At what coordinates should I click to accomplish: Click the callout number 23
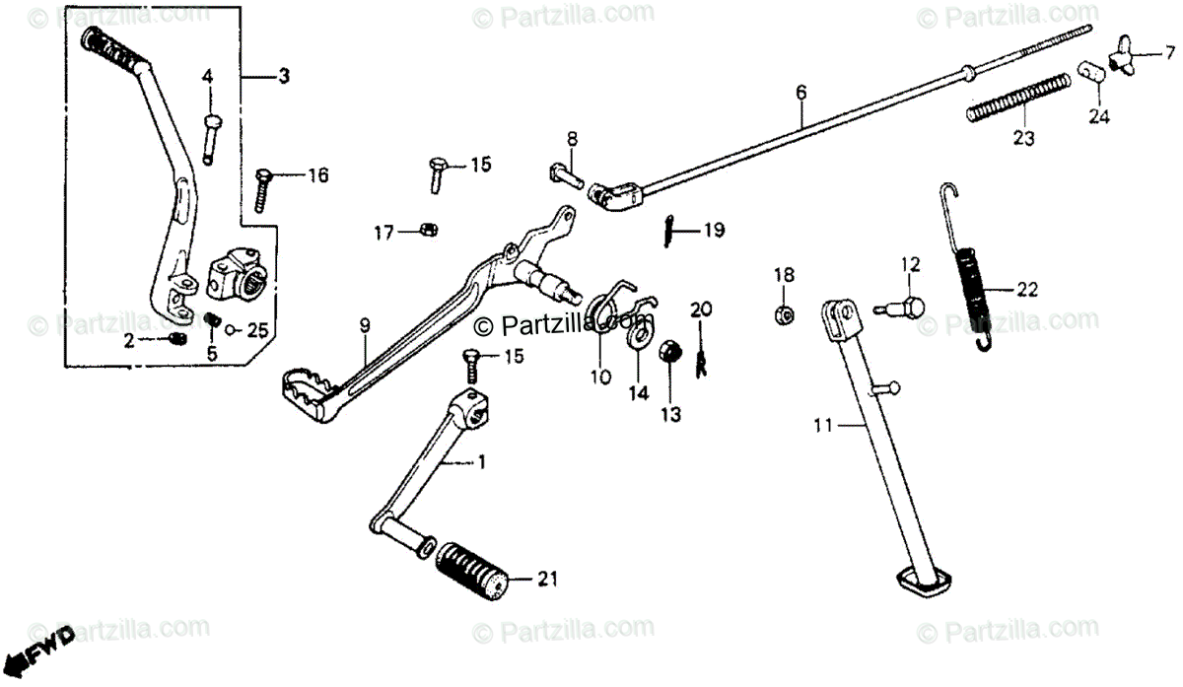[1023, 139]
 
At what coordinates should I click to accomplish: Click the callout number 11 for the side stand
[823, 426]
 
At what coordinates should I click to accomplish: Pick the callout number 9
[365, 324]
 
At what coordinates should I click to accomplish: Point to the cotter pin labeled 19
[669, 232]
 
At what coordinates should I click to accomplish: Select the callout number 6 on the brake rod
[800, 93]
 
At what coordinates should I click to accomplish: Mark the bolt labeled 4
[211, 137]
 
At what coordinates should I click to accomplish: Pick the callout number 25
[256, 330]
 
